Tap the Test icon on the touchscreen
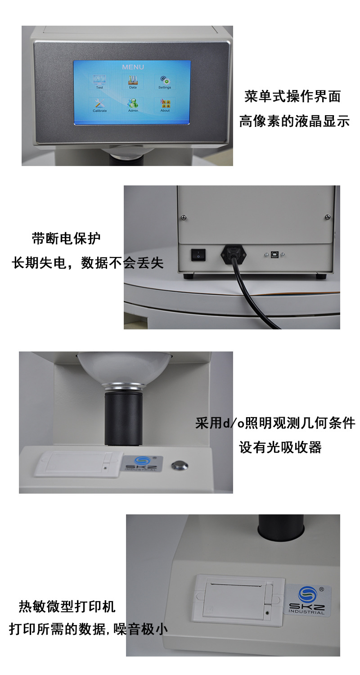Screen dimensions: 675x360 (x=99, y=81)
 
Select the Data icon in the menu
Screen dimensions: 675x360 (x=133, y=81)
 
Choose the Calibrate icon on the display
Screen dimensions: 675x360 (x=99, y=104)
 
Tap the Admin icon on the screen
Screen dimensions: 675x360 (x=133, y=104)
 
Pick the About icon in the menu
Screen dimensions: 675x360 (x=165, y=104)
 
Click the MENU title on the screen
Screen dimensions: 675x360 (x=133, y=67)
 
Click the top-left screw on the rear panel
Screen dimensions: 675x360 (x=184, y=218)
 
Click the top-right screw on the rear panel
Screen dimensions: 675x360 (x=327, y=218)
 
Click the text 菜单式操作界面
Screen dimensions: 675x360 (x=292, y=96)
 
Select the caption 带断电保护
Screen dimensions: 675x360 (x=66, y=238)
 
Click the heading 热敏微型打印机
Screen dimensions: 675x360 (x=67, y=606)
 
